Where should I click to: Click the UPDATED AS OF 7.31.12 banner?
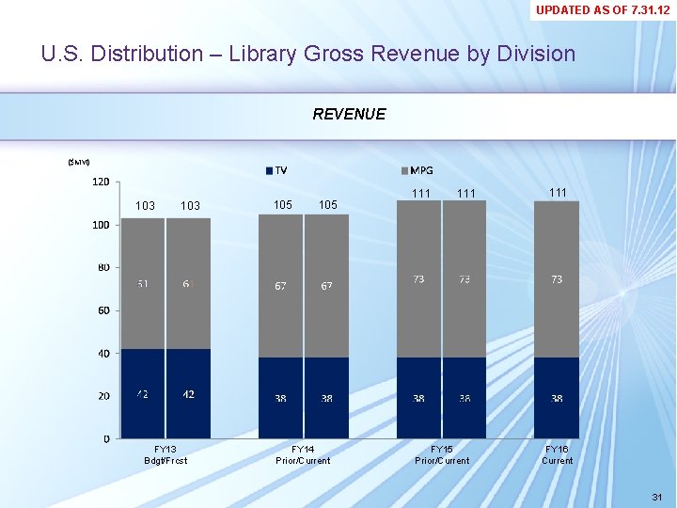pos(603,10)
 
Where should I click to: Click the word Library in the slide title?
pos(265,54)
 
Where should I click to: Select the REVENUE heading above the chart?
pos(349,114)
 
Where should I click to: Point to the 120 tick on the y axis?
pos(100,182)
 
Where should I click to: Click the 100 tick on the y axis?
pos(100,225)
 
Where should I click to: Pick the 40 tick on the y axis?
pos(102,353)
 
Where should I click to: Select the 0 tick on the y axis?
pos(105,438)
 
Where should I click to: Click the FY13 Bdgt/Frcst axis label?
pos(165,454)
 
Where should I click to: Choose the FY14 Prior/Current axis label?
pos(303,454)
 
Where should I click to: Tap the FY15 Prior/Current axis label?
pos(441,454)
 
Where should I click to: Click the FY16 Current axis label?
pos(557,454)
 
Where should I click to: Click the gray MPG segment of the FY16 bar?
pos(557,310)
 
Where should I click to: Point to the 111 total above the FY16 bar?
pos(557,192)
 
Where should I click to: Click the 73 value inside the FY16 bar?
pos(557,279)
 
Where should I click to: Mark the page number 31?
pos(655,496)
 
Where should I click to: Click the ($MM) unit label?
pos(79,163)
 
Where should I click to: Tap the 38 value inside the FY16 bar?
pos(557,399)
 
